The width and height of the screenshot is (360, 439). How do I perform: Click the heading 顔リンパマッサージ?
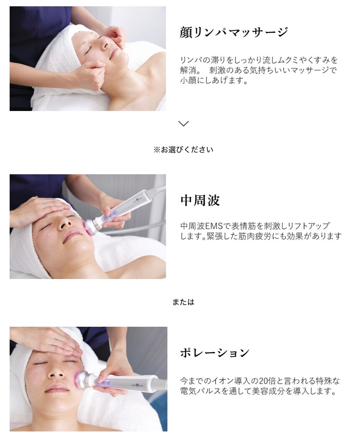click(x=234, y=33)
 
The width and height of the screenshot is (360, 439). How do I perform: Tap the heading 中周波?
click(x=200, y=201)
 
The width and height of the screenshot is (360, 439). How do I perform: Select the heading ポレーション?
click(x=215, y=353)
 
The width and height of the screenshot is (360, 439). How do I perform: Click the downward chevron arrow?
click(x=183, y=124)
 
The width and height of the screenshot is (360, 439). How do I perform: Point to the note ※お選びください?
click(x=183, y=150)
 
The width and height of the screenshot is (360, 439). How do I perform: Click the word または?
click(x=183, y=302)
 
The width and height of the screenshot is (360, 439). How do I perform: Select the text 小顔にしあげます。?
click(x=214, y=80)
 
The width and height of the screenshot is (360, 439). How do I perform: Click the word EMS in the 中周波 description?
click(x=214, y=226)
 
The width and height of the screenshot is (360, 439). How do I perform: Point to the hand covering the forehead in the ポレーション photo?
click(x=50, y=340)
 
